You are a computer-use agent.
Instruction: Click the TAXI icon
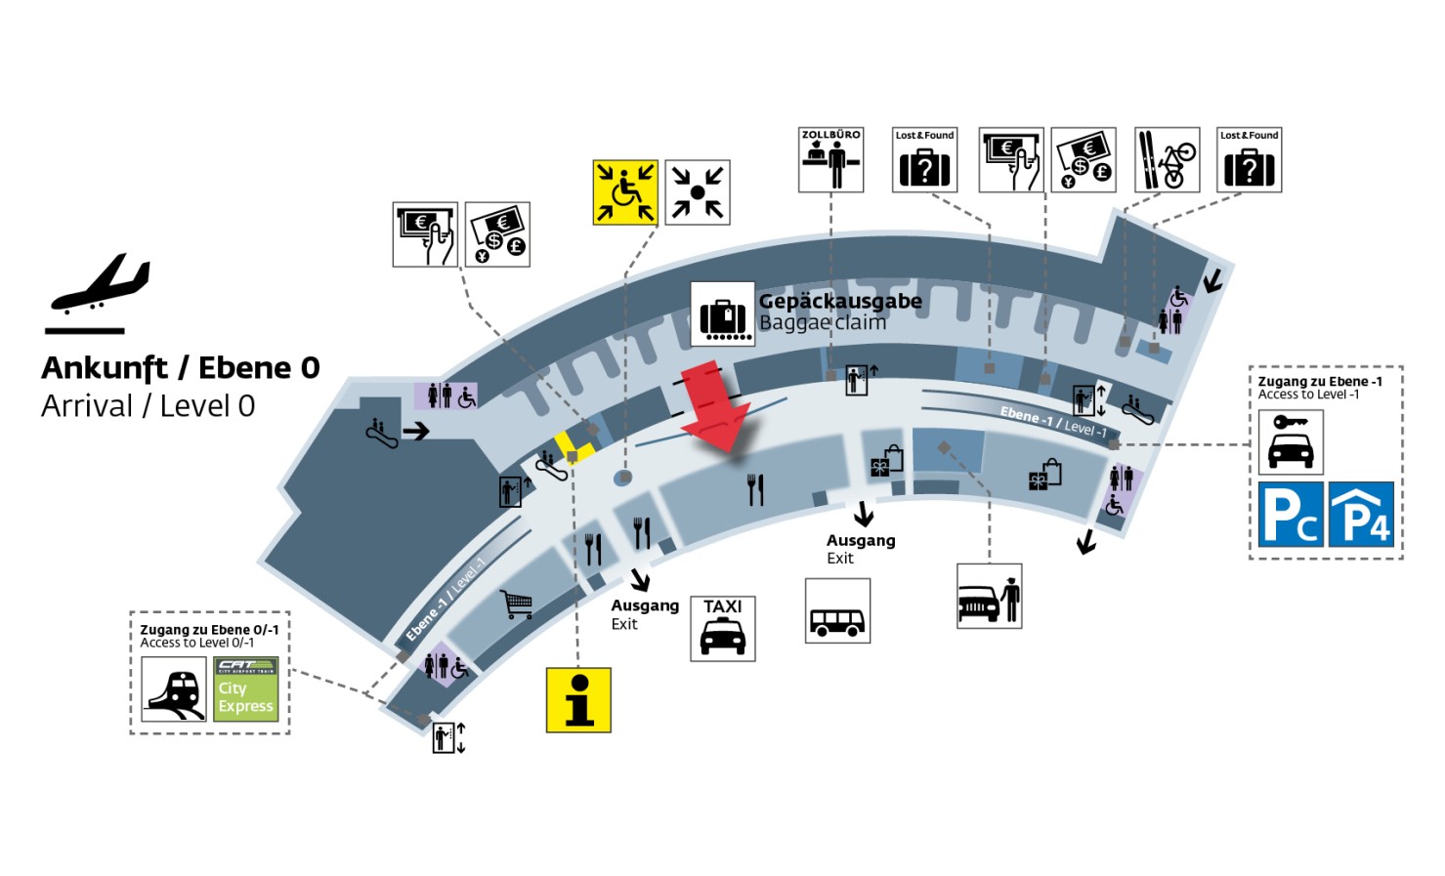[x=722, y=629]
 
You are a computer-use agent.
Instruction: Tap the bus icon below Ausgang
[x=837, y=610]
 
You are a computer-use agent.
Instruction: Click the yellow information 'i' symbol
[x=578, y=700]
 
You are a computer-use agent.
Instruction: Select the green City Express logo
[x=246, y=689]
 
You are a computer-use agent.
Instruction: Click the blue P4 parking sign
[x=1361, y=514]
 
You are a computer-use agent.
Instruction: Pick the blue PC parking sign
[x=1291, y=514]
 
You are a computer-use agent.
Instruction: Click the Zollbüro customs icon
[x=830, y=159]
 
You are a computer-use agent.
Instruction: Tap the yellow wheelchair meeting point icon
[x=625, y=192]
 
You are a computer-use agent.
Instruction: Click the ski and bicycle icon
[x=1167, y=159]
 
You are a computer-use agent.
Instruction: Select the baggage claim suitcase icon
[x=723, y=314]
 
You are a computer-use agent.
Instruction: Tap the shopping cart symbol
[x=516, y=605]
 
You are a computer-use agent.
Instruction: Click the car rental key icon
[x=1290, y=442]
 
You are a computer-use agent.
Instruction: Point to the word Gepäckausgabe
[x=839, y=301]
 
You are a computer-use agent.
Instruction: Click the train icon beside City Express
[x=174, y=689]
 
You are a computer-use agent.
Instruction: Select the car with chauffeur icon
[x=989, y=596]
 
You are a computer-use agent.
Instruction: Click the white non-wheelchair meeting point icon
[x=698, y=192]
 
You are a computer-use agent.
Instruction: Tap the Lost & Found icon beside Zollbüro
[x=924, y=159]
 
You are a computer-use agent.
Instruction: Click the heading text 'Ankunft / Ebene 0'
[x=181, y=368]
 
